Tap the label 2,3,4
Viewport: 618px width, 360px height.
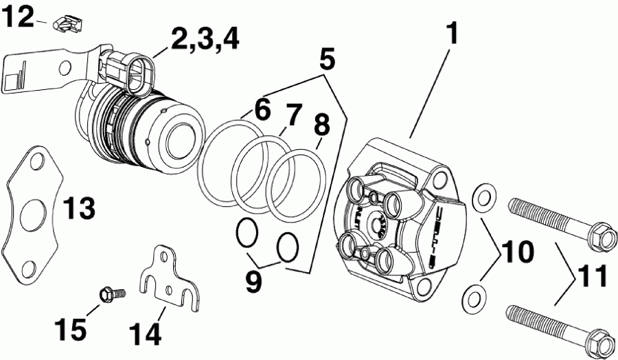(205, 39)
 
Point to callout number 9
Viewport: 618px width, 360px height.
(253, 282)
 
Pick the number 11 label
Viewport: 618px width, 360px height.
(592, 277)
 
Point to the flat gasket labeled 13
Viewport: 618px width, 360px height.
(32, 213)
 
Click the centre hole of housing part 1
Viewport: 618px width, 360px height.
(378, 224)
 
